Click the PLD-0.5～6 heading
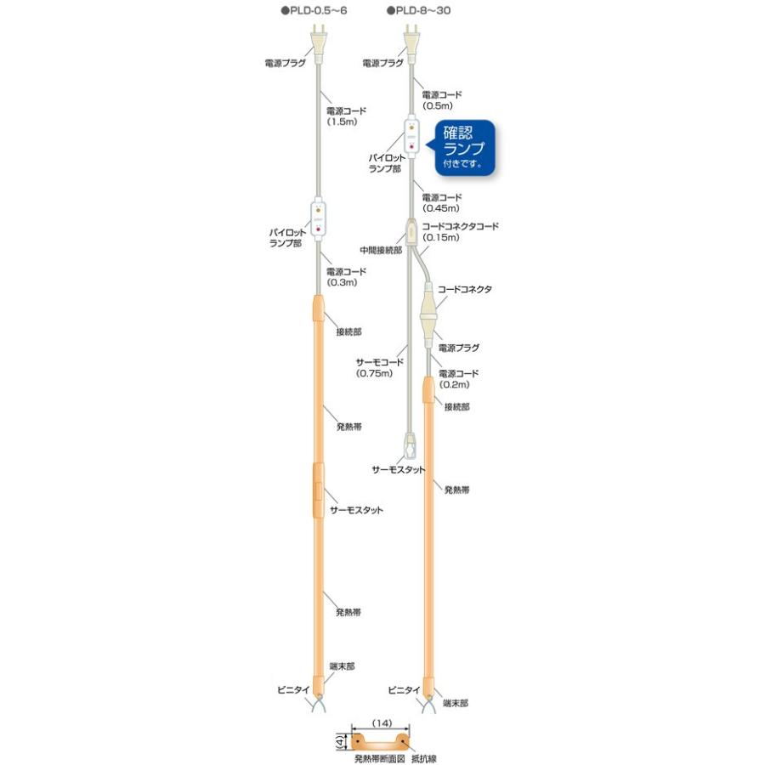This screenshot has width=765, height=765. point(314,10)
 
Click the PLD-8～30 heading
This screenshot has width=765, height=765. point(418,10)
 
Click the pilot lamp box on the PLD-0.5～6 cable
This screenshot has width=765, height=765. point(318,223)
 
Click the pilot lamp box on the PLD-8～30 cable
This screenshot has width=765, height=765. point(411,138)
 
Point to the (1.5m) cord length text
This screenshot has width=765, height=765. point(342,122)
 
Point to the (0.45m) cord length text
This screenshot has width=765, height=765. point(440,208)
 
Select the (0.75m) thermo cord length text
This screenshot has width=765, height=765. point(374,373)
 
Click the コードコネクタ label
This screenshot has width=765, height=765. point(464,289)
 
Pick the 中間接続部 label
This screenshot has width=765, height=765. point(381,250)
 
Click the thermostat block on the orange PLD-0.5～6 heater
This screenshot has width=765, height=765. point(318,490)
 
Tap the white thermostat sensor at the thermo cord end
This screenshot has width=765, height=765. point(410,445)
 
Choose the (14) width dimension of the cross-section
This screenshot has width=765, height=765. point(382,723)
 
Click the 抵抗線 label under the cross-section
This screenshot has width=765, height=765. point(423,759)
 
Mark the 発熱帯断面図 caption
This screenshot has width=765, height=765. point(380,759)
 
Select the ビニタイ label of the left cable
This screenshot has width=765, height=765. point(293,690)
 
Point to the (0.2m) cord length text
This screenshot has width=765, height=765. point(454,384)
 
